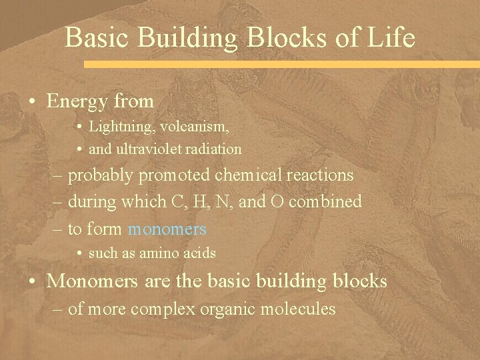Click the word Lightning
tap(115, 126)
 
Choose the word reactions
tap(319, 175)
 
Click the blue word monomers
tap(167, 229)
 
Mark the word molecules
tap(300, 309)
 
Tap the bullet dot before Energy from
tap(32, 102)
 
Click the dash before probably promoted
tap(58, 176)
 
